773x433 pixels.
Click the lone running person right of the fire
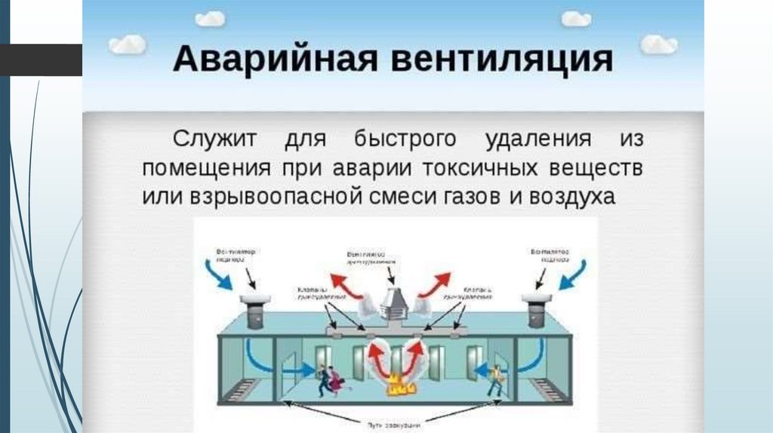tap(494, 379)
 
